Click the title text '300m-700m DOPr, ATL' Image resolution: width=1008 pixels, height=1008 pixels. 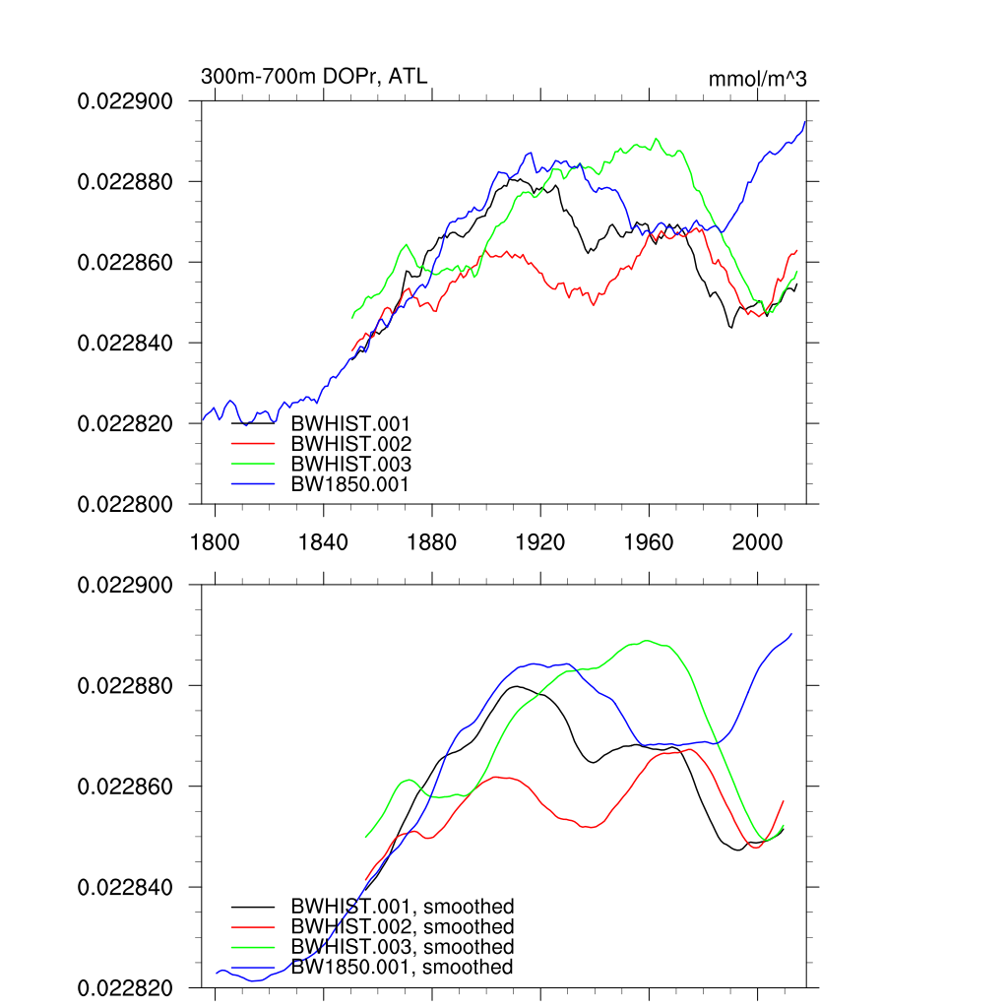[314, 77]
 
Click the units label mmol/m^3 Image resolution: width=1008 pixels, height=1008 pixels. [757, 79]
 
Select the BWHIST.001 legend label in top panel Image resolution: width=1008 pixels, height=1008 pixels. [350, 424]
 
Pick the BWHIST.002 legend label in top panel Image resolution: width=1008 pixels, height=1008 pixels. [350, 444]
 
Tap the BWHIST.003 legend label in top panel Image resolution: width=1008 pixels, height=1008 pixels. [350, 464]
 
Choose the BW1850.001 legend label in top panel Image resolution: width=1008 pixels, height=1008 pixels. [349, 483]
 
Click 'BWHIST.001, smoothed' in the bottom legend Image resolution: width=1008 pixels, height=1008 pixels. [402, 907]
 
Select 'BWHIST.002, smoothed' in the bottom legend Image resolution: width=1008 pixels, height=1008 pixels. [402, 927]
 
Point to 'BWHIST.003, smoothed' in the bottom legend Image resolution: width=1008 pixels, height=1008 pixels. [402, 947]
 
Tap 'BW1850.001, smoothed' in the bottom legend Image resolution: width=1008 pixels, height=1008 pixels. [401, 968]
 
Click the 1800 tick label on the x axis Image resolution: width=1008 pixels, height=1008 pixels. [215, 541]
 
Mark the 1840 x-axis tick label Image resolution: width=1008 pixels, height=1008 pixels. [323, 541]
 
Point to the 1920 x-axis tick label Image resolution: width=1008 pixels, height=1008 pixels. [540, 541]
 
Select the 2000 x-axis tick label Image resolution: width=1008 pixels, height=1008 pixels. [757, 541]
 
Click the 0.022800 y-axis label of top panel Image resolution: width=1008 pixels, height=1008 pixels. [125, 504]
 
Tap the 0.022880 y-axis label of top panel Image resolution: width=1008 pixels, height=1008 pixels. [125, 182]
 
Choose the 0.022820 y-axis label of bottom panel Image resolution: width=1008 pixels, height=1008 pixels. [125, 987]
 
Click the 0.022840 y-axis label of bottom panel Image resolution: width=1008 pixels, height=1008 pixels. [125, 887]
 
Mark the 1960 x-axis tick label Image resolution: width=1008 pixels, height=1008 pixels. [649, 541]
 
